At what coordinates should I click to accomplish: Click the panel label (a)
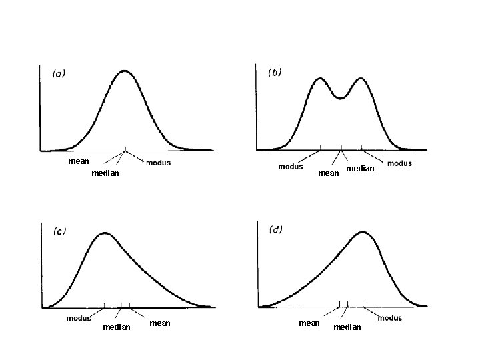tap(59, 74)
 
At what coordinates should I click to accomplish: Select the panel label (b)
tap(275, 73)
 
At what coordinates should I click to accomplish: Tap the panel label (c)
tap(59, 231)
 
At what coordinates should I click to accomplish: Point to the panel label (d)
tap(275, 229)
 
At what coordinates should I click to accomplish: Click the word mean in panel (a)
tap(79, 161)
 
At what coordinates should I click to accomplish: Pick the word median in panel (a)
tap(105, 173)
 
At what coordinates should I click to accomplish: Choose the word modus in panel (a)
tap(158, 163)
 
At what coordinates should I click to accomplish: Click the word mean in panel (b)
tap(329, 173)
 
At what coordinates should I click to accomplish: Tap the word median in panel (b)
tap(360, 169)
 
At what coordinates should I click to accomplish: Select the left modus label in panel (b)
tap(291, 167)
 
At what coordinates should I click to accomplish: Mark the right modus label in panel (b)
tap(399, 163)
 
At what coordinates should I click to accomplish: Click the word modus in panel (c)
tap(79, 319)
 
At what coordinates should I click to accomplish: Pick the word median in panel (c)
tap(117, 327)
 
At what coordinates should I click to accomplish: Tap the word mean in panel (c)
tap(160, 323)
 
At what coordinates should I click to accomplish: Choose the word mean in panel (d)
tap(309, 323)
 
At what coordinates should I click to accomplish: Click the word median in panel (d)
tap(347, 327)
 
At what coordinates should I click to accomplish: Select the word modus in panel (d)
tap(390, 318)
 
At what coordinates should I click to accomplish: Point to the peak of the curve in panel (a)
tap(125, 71)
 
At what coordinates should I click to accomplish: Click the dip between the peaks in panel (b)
tap(341, 98)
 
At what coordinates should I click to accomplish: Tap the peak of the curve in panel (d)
tap(363, 232)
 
